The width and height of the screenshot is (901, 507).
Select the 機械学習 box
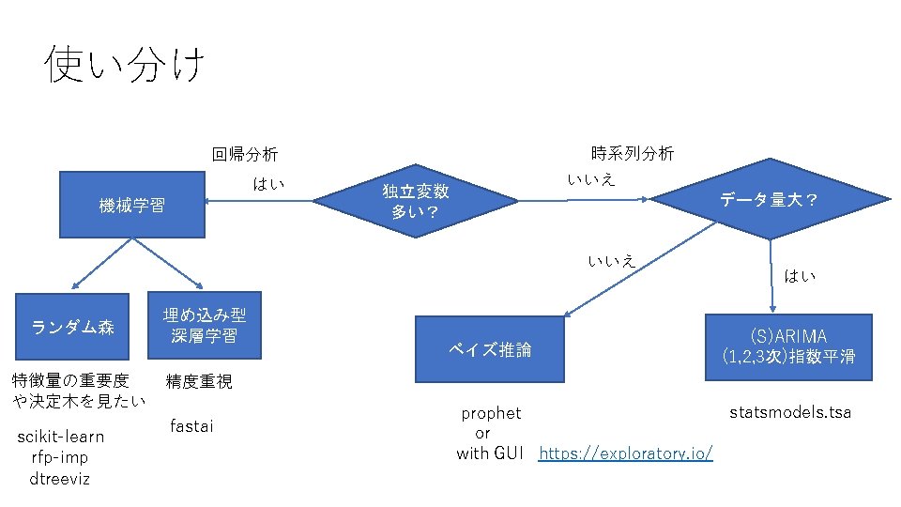tap(132, 205)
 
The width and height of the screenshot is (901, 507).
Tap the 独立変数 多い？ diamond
tap(416, 201)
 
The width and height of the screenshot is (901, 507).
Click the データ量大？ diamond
tap(770, 199)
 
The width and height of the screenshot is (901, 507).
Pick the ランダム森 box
tap(73, 327)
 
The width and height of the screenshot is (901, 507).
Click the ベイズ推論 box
tap(490, 349)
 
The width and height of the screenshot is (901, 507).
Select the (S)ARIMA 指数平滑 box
tap(788, 346)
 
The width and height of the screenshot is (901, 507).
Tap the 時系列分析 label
tap(633, 153)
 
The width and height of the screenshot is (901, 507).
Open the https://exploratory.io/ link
tap(626, 454)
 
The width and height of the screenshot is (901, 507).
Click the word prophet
tap(491, 413)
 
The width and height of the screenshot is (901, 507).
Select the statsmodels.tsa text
tap(790, 412)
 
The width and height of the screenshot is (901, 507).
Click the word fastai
tap(191, 427)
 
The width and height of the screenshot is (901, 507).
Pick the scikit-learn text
tap(61, 438)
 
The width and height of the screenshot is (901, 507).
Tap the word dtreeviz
tap(60, 479)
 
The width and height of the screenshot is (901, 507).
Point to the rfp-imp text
tap(60, 458)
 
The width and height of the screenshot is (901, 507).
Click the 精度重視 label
tap(199, 381)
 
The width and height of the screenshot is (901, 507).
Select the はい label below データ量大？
tap(800, 276)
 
